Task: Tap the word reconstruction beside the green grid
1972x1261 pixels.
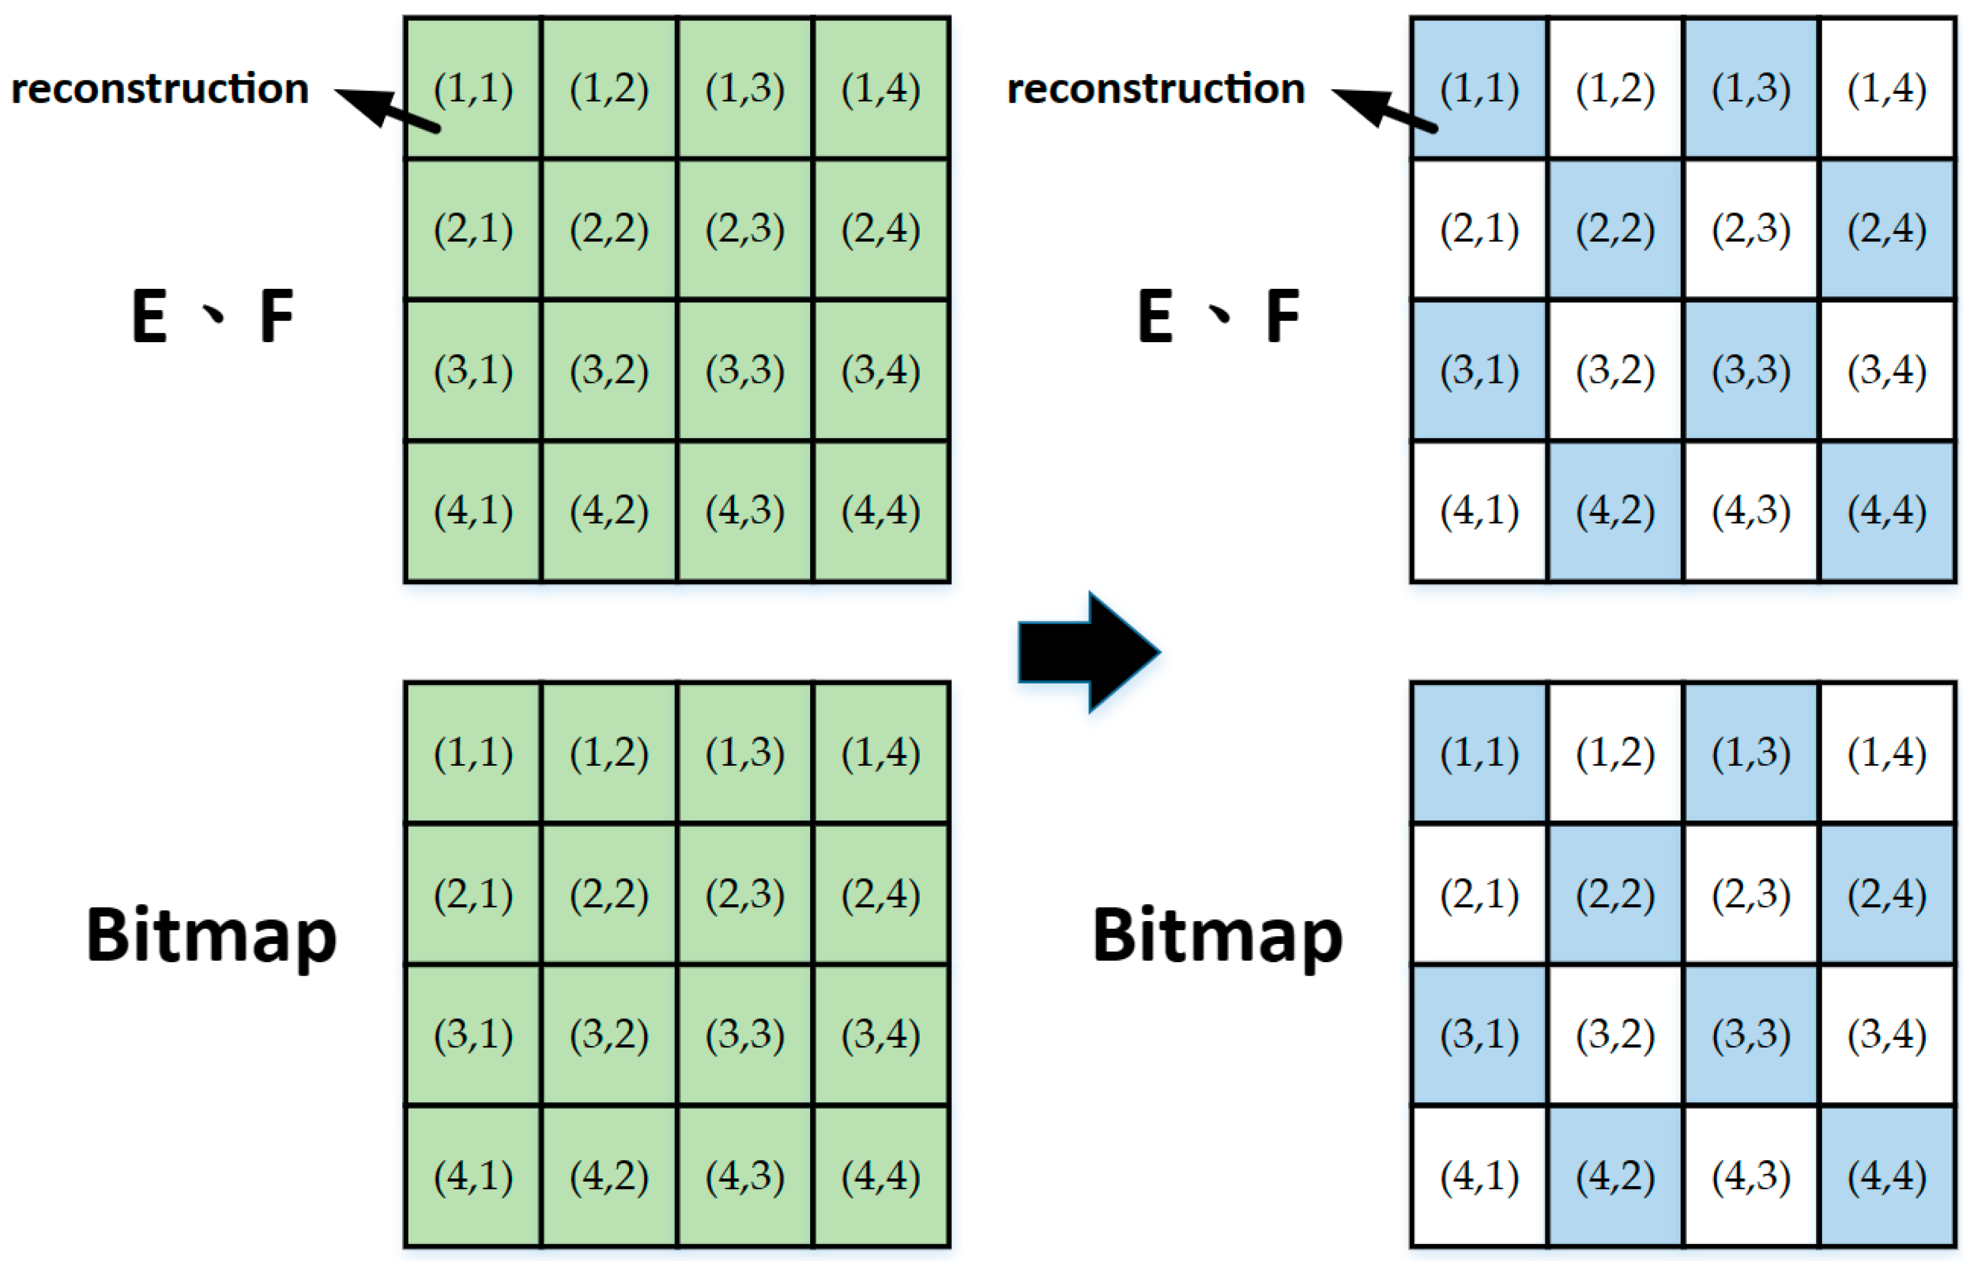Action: [159, 88]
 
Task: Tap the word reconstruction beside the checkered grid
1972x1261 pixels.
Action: [1155, 88]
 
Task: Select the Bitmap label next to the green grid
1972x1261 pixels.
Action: [211, 935]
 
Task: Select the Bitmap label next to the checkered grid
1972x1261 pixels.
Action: [1217, 935]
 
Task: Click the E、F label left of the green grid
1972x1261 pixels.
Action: [212, 316]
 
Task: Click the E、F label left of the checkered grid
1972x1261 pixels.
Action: [1218, 316]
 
